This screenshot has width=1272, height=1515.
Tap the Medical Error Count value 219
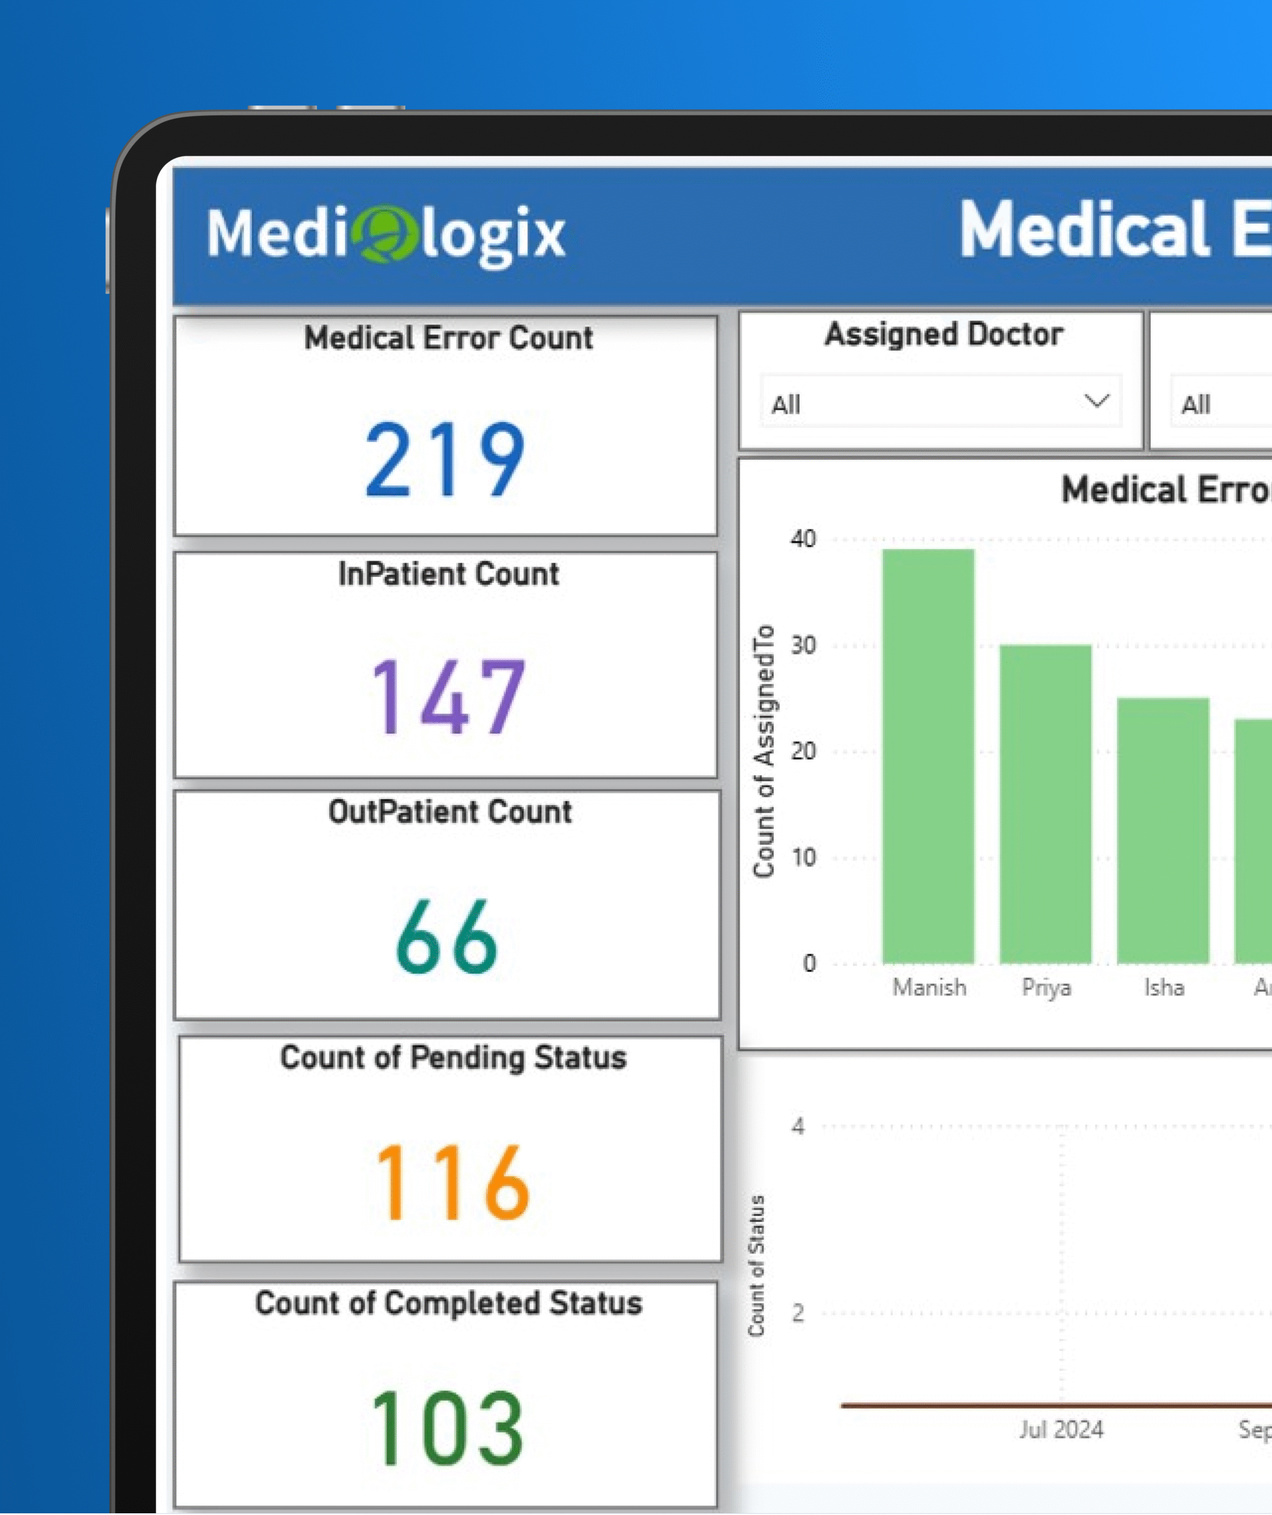[445, 460]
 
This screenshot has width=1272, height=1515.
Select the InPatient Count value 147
[448, 697]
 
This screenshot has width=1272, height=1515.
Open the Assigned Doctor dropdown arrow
[1096, 401]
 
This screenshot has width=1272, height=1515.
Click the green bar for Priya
[1045, 804]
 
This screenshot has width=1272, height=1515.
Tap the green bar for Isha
[1163, 830]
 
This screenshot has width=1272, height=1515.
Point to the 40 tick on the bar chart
[803, 539]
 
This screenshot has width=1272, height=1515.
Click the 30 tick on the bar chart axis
[803, 645]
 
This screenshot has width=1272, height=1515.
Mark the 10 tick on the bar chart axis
[803, 857]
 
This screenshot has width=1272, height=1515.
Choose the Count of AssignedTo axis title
[763, 750]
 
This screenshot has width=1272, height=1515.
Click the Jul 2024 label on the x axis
[1061, 1429]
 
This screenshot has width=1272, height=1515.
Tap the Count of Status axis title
[756, 1266]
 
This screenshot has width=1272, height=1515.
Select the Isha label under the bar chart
[1164, 987]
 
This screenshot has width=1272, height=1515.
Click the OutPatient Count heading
[450, 811]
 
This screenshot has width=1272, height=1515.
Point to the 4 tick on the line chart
[798, 1126]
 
